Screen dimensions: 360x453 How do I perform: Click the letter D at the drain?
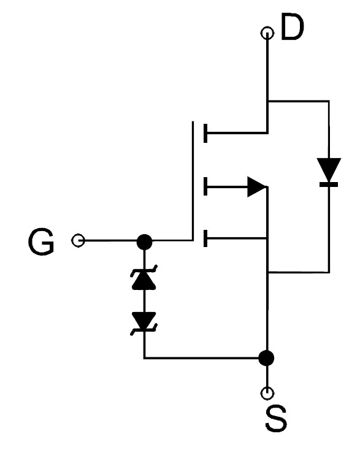(x=292, y=26)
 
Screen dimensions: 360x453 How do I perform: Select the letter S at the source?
(x=276, y=418)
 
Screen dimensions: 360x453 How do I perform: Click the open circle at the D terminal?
(x=267, y=33)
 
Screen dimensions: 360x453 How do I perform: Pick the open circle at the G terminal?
(x=78, y=240)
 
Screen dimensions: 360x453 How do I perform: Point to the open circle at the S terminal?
(x=267, y=393)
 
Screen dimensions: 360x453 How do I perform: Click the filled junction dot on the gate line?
(x=144, y=242)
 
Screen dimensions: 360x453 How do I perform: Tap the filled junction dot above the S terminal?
(x=266, y=358)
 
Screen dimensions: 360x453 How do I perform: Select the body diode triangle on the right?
(x=329, y=170)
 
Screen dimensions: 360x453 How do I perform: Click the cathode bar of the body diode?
(x=329, y=185)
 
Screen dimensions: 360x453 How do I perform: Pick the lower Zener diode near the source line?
(x=144, y=323)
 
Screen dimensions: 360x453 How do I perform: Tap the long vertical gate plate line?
(x=193, y=181)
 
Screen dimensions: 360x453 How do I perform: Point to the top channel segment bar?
(x=205, y=133)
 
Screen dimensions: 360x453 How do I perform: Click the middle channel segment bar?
(x=205, y=186)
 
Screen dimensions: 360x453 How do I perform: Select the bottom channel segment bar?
(x=205, y=238)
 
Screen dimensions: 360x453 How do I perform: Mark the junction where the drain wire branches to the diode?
(x=267, y=101)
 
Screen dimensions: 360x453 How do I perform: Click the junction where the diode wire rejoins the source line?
(x=267, y=272)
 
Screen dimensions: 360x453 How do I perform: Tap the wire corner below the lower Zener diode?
(x=144, y=358)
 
